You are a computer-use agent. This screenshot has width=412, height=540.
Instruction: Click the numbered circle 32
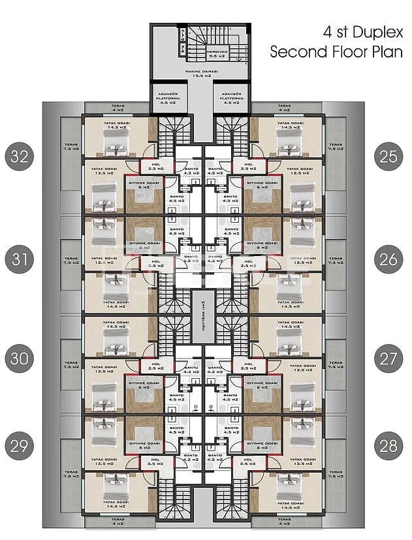point(20,157)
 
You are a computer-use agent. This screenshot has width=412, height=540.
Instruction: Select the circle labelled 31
point(20,259)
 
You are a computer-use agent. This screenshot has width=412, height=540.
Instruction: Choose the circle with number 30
point(20,358)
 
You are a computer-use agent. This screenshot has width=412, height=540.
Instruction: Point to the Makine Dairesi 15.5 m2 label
point(200,74)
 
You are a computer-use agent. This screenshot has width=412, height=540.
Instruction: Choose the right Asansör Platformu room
point(232,99)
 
